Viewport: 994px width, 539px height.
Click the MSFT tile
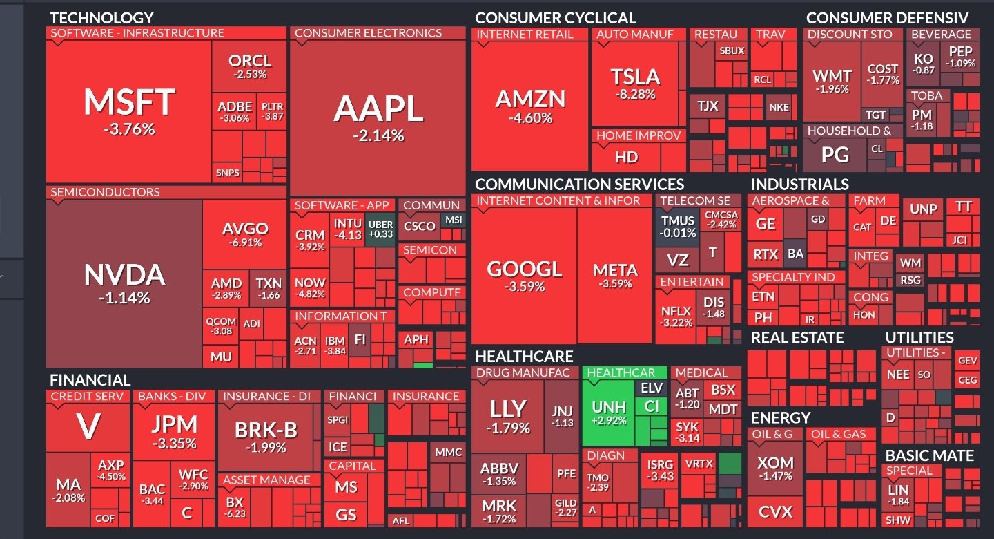tap(129, 111)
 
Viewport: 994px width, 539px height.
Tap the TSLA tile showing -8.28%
tap(636, 83)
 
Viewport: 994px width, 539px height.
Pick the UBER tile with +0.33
tap(380, 229)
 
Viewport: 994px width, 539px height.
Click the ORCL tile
tap(249, 66)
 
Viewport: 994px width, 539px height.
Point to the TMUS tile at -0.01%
tap(678, 227)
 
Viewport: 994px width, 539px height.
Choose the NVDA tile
tap(124, 283)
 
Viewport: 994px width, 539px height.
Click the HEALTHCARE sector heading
tap(524, 357)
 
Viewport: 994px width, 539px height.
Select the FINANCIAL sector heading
tap(90, 380)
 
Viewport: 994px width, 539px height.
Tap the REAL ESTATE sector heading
tap(797, 338)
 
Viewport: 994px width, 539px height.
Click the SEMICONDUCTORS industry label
tap(105, 192)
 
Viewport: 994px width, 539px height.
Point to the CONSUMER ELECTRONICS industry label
tap(368, 33)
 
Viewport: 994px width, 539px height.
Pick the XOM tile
tap(775, 467)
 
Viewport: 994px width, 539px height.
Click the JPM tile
tap(175, 431)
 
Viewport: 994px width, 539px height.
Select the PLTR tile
tap(273, 111)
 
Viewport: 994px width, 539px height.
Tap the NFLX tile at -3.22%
tap(676, 316)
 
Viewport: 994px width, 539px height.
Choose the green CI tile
tap(651, 406)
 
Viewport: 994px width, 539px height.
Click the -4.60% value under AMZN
tap(530, 118)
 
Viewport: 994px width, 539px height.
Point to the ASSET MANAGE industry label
tap(266, 480)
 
